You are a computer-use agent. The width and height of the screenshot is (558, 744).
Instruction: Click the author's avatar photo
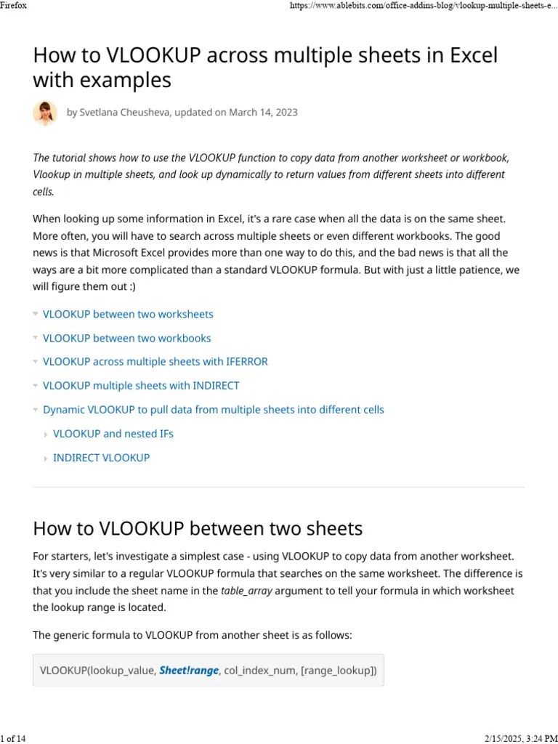click(45, 113)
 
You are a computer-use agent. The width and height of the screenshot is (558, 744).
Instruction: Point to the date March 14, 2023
click(263, 113)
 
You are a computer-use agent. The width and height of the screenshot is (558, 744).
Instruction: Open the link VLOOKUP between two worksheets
click(128, 315)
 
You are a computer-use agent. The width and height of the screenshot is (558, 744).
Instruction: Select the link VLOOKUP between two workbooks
click(127, 338)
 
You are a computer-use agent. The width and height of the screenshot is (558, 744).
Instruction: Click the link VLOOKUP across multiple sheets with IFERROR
click(155, 362)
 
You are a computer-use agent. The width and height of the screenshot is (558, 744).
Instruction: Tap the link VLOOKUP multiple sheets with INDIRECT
click(141, 386)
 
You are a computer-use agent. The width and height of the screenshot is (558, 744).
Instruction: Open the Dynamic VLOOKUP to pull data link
click(214, 410)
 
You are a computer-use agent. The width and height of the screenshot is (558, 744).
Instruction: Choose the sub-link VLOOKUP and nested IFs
click(113, 434)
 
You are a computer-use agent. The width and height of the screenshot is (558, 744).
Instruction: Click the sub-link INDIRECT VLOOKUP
click(102, 458)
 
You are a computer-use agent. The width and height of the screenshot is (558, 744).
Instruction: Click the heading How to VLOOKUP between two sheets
click(198, 528)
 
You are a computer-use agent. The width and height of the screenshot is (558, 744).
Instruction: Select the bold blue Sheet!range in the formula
click(189, 671)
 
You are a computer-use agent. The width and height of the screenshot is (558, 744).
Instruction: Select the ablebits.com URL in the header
click(424, 5)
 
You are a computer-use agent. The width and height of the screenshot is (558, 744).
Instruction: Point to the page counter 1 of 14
click(14, 738)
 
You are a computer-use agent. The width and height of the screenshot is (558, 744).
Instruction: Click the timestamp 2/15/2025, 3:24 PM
click(519, 738)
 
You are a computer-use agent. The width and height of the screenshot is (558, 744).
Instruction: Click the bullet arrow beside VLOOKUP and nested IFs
click(46, 434)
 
